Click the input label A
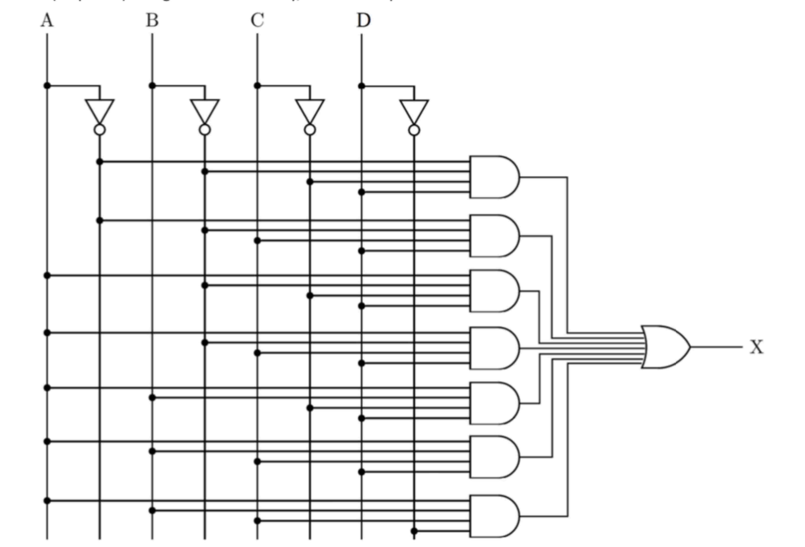click(x=47, y=20)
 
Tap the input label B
click(x=152, y=20)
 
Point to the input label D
click(x=363, y=20)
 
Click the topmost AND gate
click(x=494, y=177)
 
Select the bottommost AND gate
click(x=494, y=516)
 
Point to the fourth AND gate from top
click(x=494, y=348)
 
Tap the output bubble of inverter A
click(x=100, y=130)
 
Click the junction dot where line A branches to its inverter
click(x=47, y=86)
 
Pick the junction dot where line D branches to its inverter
click(x=362, y=86)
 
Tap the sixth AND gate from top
click(x=494, y=457)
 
